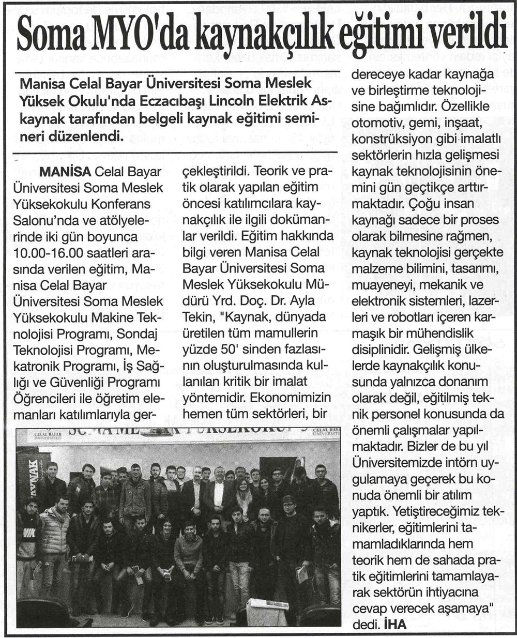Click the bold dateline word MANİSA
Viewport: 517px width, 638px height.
click(64, 172)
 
